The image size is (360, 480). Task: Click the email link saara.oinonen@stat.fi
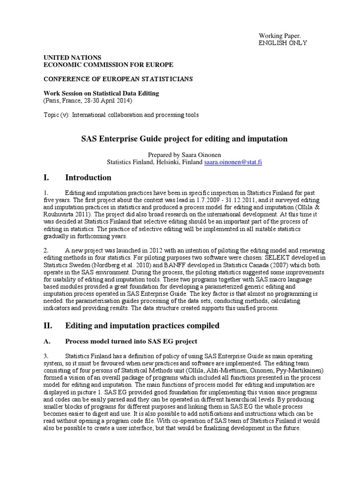tap(232, 162)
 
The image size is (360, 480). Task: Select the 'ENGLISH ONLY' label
tap(283, 43)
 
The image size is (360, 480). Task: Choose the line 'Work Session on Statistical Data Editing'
tap(101, 93)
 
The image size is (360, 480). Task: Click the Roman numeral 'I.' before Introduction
tap(46, 178)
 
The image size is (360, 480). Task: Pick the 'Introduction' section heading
tap(88, 178)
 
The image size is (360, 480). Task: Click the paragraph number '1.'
tap(46, 193)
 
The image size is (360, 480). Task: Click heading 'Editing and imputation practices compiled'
tap(142, 326)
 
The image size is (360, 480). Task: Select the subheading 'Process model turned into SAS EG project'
tap(131, 341)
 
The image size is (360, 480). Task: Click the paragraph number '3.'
tap(46, 357)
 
